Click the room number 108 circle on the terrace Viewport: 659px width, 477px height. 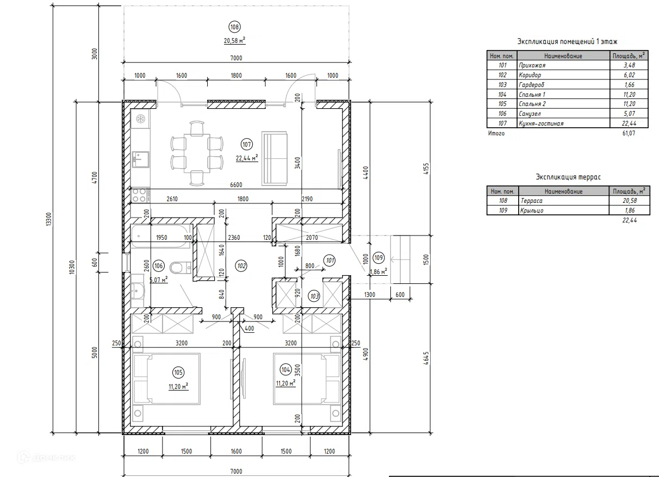point(234,27)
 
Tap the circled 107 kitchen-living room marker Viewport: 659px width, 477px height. point(246,145)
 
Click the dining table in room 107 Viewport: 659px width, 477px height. point(197,153)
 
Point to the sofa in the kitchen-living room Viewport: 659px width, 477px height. point(274,159)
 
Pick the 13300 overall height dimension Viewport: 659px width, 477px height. point(49,219)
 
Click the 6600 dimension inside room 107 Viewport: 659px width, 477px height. point(236,185)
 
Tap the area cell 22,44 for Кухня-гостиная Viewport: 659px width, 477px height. point(629,123)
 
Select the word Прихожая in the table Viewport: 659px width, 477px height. point(532,65)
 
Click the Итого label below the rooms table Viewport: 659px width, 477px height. point(496,133)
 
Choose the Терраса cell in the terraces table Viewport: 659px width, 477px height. point(531,201)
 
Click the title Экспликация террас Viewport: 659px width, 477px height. point(568,177)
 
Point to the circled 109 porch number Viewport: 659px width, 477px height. point(378,258)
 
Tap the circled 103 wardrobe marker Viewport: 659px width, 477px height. point(314,296)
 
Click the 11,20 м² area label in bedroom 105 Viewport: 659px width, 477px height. point(178,386)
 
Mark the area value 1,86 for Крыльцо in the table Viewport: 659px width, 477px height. point(629,210)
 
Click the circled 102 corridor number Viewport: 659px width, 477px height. point(241,266)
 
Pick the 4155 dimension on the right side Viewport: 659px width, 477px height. point(426,169)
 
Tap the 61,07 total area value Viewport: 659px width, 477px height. point(629,133)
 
